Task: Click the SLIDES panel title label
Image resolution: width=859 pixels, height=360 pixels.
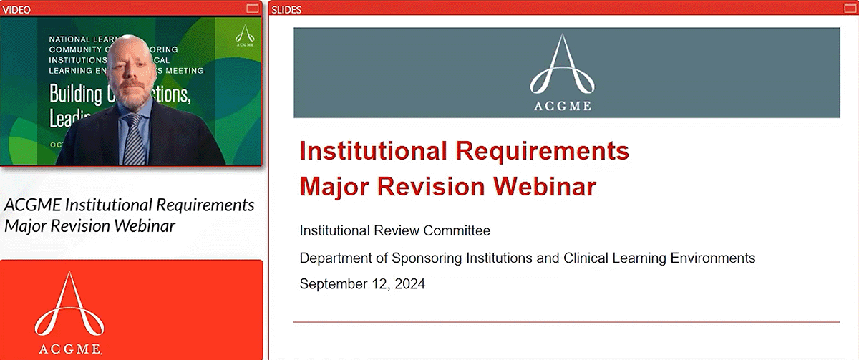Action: tap(287, 9)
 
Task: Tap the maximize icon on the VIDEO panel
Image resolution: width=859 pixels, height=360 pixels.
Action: tap(252, 8)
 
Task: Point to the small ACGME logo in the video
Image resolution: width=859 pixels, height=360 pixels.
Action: tap(246, 35)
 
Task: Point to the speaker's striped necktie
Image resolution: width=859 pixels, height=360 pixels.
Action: tap(133, 139)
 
